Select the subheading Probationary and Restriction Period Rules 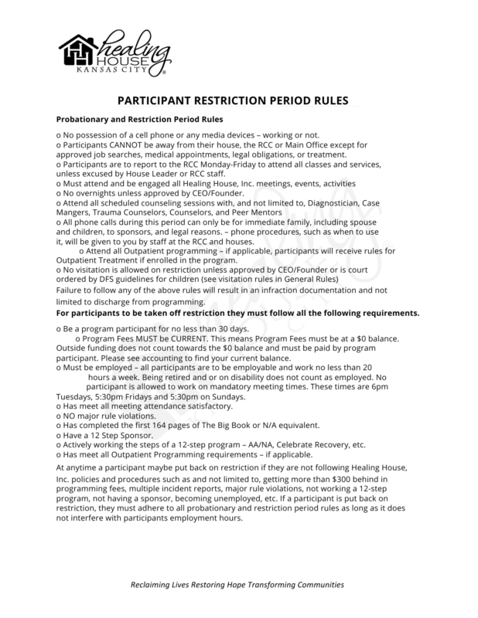pos(139,120)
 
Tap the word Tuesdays pos(80,396)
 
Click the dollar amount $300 pos(335,481)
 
